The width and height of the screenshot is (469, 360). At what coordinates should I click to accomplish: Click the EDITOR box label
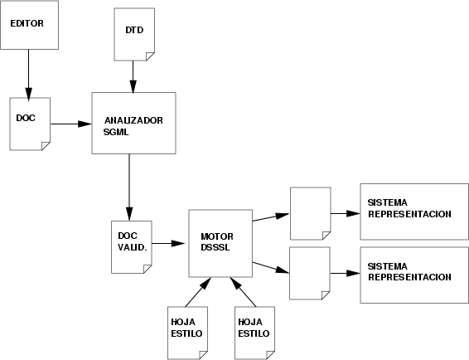(x=27, y=23)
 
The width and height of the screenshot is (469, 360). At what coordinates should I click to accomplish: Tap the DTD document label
(x=134, y=30)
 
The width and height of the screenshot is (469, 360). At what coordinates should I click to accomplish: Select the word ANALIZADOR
(x=133, y=120)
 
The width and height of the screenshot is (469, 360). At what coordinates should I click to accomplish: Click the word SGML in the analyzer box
(x=116, y=132)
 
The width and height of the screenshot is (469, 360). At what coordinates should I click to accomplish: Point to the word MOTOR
(x=217, y=236)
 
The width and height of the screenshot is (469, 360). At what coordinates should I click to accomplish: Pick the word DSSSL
(x=215, y=248)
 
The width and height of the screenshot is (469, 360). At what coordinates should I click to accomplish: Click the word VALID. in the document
(x=133, y=248)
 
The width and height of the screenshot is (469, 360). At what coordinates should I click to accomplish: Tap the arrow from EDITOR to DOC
(x=29, y=75)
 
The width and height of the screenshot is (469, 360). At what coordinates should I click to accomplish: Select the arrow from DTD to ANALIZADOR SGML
(x=133, y=77)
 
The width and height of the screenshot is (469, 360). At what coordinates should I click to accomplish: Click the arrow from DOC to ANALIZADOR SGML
(x=71, y=124)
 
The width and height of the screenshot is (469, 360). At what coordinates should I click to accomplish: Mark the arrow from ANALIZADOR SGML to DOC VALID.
(x=129, y=187)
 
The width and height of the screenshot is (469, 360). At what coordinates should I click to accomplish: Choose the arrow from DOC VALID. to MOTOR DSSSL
(x=168, y=243)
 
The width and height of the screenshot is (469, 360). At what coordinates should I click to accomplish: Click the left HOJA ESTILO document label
(x=186, y=328)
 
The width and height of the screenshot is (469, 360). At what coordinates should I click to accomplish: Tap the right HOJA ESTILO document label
(x=254, y=328)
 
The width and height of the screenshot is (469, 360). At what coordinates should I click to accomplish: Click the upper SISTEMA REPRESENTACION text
(x=409, y=208)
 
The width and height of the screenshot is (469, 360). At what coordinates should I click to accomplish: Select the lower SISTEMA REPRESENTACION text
(x=409, y=271)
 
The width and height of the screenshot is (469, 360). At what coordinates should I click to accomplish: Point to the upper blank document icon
(x=311, y=213)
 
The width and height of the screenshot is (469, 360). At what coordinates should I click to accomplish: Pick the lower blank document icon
(x=310, y=273)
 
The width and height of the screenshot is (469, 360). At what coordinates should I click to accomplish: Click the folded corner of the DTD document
(x=149, y=56)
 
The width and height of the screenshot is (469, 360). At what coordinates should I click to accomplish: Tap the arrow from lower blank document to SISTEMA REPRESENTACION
(x=346, y=273)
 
